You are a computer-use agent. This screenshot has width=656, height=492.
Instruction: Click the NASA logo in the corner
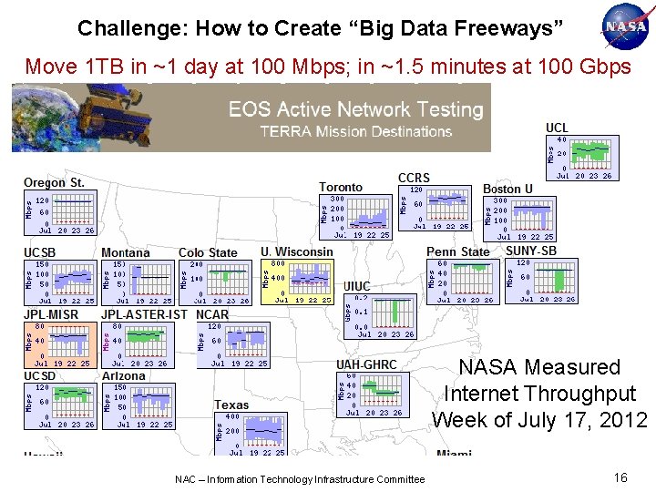[626, 26]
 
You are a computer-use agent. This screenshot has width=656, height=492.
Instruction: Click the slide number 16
[620, 477]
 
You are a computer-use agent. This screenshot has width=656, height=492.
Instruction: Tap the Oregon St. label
[54, 183]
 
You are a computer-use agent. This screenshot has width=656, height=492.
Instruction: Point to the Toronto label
[340, 188]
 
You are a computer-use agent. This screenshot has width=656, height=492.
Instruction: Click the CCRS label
[414, 178]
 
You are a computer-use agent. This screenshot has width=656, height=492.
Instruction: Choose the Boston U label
[507, 189]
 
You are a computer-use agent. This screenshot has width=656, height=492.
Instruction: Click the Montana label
[126, 252]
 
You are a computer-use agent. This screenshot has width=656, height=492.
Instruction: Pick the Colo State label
[208, 252]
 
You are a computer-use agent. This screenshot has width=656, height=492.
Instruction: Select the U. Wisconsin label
[296, 251]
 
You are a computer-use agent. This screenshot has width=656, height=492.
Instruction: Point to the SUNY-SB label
[530, 251]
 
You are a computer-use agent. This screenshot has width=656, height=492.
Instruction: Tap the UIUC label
[356, 286]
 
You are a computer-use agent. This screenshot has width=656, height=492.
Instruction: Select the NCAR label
[212, 314]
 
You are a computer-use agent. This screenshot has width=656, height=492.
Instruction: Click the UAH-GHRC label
[366, 364]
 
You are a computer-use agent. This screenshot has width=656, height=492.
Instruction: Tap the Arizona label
[123, 375]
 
